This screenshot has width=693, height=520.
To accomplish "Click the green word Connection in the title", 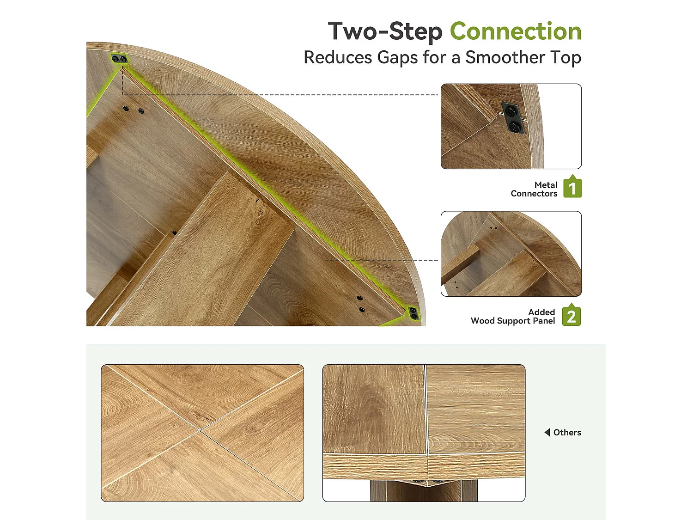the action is [516, 31].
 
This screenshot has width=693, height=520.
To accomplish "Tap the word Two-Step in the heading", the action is [385, 32].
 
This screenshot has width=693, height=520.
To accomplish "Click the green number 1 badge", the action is [572, 186].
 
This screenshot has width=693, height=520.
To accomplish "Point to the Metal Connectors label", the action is [534, 189].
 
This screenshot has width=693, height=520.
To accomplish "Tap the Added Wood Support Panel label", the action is [513, 316].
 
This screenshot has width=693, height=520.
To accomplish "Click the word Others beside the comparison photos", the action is [567, 432].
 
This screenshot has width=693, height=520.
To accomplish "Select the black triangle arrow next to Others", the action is [547, 432].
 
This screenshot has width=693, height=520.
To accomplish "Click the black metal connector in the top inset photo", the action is [512, 117].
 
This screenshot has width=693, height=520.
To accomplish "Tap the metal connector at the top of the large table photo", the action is [119, 59].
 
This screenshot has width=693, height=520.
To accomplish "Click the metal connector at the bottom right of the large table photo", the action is [413, 313].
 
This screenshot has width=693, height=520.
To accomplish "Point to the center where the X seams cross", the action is [200, 429].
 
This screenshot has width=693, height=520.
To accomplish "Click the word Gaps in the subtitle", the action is [397, 58].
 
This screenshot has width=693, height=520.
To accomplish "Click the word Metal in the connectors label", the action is [546, 185].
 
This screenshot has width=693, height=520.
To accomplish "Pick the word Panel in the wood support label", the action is [544, 321].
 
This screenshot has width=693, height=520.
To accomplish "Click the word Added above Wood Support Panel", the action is [541, 312].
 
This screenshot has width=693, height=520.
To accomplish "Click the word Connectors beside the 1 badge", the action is [534, 194].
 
